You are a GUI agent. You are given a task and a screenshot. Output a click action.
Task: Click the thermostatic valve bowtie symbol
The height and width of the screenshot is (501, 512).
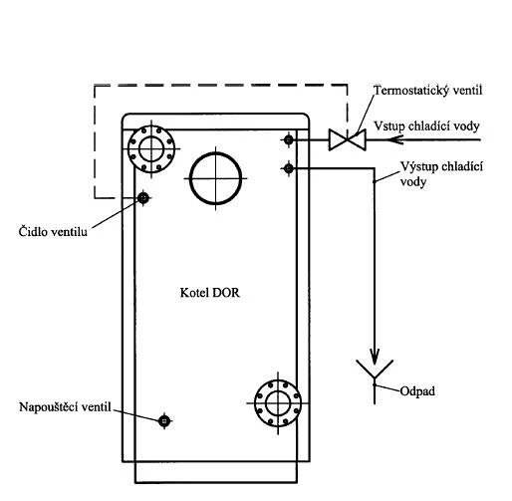(x=348, y=139)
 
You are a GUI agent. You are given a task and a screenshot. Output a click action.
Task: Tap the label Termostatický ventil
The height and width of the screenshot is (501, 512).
(x=428, y=91)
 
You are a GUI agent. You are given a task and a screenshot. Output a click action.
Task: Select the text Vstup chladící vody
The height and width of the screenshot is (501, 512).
(x=427, y=126)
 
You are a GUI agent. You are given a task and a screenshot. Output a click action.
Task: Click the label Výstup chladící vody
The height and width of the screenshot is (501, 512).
(x=441, y=174)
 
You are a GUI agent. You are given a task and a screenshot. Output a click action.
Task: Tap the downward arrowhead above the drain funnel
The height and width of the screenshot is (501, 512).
(x=375, y=357)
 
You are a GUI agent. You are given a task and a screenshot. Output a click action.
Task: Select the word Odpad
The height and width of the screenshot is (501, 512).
(x=417, y=391)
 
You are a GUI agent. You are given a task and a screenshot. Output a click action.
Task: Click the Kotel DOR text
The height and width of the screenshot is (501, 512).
(x=210, y=293)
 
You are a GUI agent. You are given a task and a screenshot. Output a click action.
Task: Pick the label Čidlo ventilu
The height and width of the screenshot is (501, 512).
(x=53, y=231)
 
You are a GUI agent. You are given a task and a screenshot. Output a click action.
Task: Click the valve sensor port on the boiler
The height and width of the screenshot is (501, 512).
(x=143, y=198)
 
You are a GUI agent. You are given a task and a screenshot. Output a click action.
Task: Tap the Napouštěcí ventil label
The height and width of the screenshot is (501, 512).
(x=65, y=407)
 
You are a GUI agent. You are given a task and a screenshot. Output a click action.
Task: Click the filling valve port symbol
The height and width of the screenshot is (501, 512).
(x=164, y=421)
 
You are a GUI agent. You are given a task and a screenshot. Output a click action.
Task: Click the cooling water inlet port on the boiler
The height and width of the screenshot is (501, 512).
(x=288, y=139)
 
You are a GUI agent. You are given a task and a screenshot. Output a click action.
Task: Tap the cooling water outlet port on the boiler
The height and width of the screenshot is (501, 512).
(x=288, y=168)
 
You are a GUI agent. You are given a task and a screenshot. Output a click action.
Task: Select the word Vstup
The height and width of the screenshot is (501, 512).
(x=389, y=126)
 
